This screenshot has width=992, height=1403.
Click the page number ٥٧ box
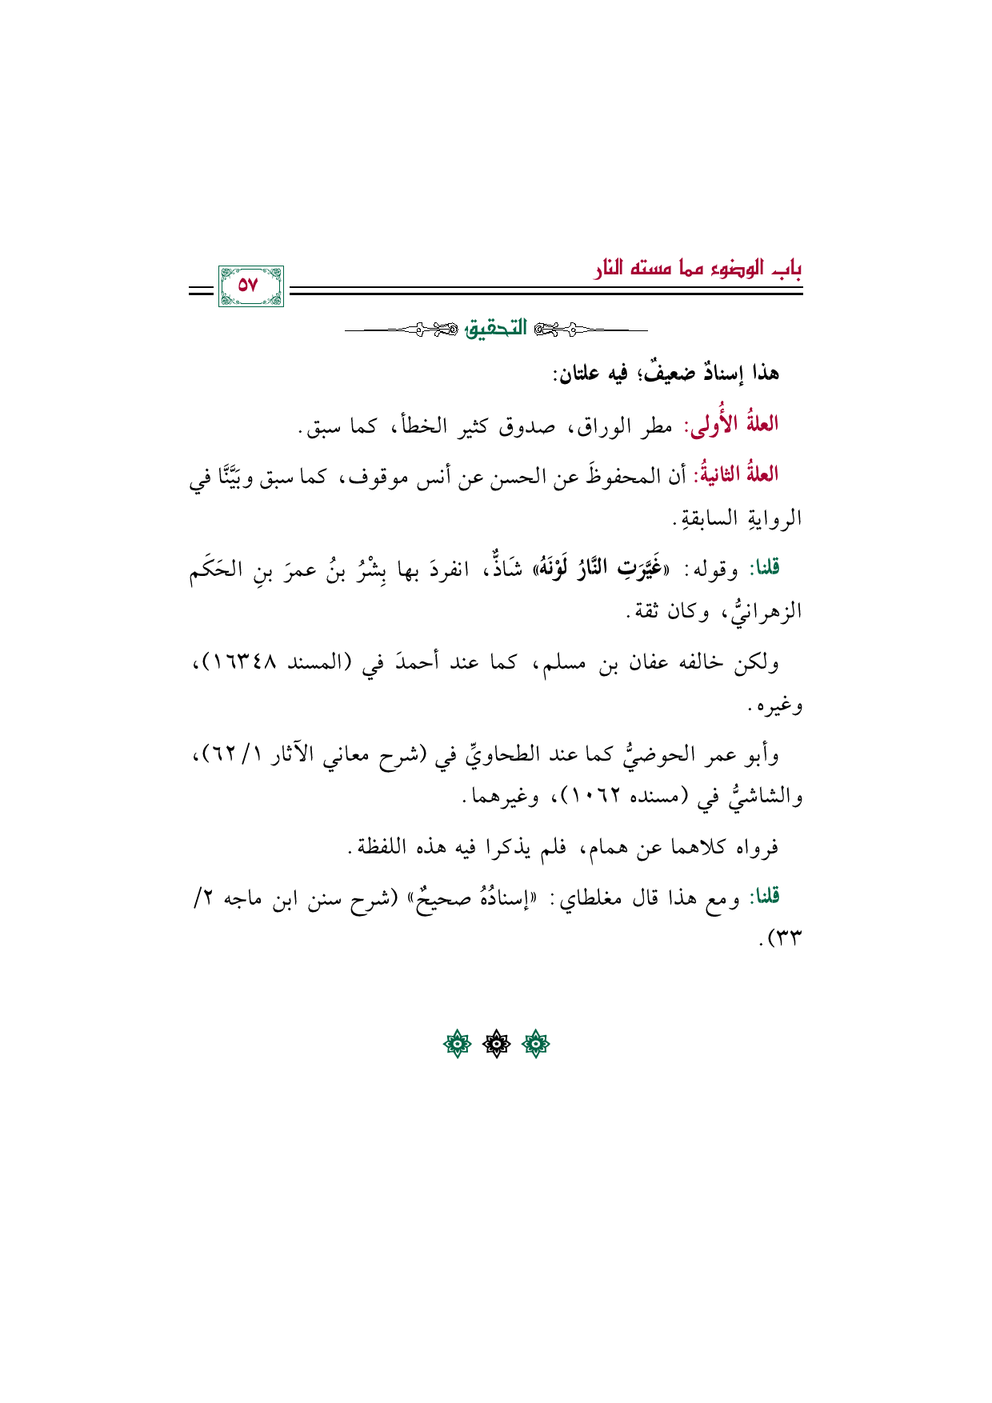(x=250, y=286)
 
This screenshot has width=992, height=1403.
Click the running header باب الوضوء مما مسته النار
(x=698, y=269)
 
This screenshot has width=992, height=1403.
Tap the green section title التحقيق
(x=497, y=329)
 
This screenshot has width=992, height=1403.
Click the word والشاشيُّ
(x=759, y=797)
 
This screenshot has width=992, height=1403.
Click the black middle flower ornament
(x=496, y=1044)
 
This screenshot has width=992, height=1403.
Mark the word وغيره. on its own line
(x=775, y=706)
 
